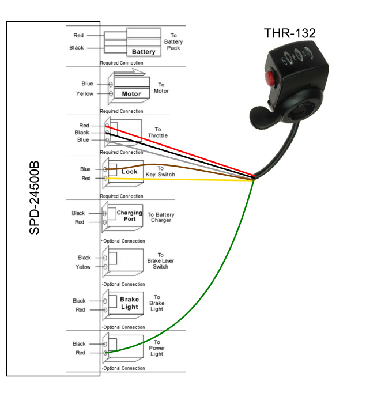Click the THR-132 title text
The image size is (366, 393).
(x=289, y=33)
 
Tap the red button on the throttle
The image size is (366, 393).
(x=269, y=78)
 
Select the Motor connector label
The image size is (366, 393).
(x=131, y=93)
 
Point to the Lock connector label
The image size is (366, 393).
(x=129, y=172)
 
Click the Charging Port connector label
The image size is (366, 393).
(x=130, y=216)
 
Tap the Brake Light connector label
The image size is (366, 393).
(x=130, y=303)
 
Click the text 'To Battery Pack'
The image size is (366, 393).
(x=173, y=41)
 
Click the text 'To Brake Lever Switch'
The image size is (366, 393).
(x=160, y=260)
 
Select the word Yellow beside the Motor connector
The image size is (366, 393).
(x=85, y=93)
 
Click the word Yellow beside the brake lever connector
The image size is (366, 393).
(x=84, y=267)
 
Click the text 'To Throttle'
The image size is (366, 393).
(x=157, y=133)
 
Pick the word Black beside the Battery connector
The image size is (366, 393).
(x=77, y=48)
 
